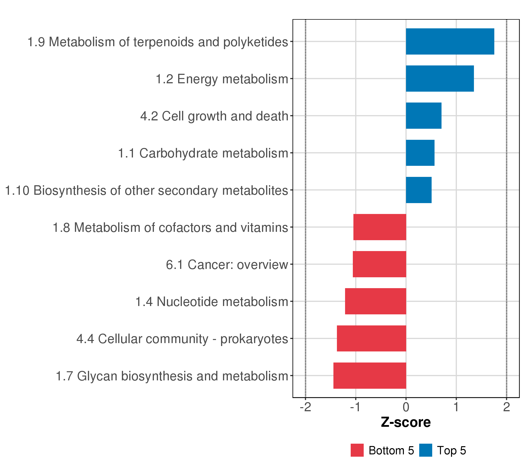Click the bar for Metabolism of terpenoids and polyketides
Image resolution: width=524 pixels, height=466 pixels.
pyautogui.click(x=450, y=42)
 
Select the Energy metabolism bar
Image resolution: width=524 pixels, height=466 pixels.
pyautogui.click(x=440, y=78)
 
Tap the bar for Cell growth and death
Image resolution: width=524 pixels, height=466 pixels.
pyautogui.click(x=424, y=116)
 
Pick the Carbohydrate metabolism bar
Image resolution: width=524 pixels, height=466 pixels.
pyautogui.click(x=420, y=153)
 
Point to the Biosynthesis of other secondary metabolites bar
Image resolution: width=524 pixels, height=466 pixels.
pyautogui.click(x=419, y=190)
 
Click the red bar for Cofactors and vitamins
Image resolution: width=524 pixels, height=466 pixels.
pyautogui.click(x=380, y=227)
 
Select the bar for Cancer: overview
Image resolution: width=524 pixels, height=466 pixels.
pyautogui.click(x=379, y=264)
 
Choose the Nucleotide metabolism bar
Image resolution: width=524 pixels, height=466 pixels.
pyautogui.click(x=376, y=301)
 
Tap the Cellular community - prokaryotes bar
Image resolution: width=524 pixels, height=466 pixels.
pyautogui.click(x=371, y=339)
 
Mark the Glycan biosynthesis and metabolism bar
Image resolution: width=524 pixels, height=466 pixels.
pyautogui.click(x=370, y=376)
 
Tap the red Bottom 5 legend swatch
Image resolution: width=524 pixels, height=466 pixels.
pyautogui.click(x=357, y=450)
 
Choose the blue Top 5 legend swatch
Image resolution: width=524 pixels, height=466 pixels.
pyautogui.click(x=426, y=450)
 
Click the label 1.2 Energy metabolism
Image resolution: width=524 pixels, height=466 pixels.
pyautogui.click(x=222, y=79)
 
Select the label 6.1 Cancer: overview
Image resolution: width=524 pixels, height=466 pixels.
pyautogui.click(x=227, y=265)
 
